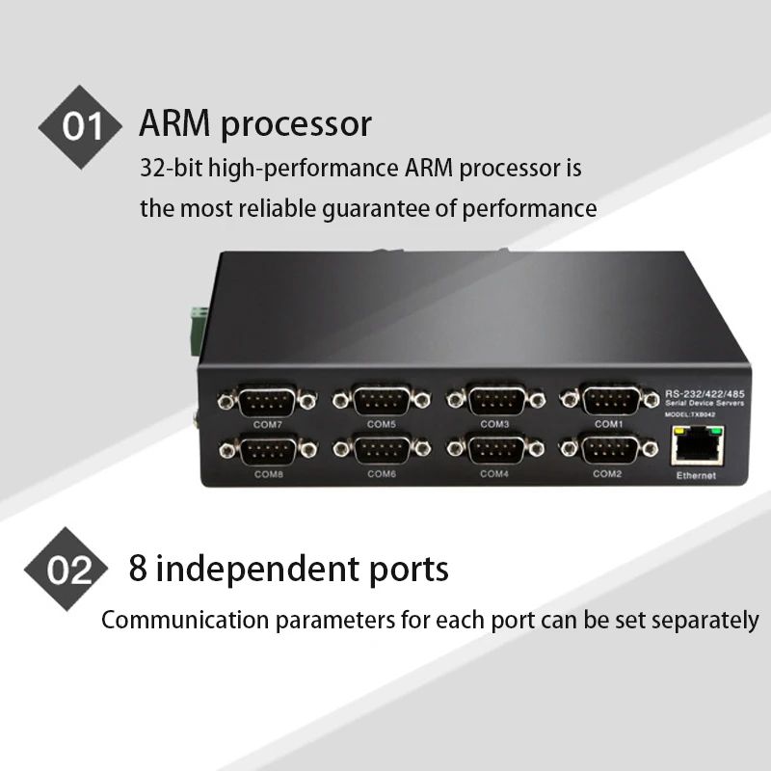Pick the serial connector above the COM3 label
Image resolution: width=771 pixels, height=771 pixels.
495,396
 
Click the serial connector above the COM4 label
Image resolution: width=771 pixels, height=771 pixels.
495,448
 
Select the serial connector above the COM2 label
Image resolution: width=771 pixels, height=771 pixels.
608,448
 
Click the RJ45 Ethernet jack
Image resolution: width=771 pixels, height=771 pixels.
695,446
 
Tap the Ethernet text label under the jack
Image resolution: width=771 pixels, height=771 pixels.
695,477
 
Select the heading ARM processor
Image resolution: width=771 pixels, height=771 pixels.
255,123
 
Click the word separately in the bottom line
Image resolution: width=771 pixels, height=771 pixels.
705,620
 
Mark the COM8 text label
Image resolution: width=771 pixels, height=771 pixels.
268,474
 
